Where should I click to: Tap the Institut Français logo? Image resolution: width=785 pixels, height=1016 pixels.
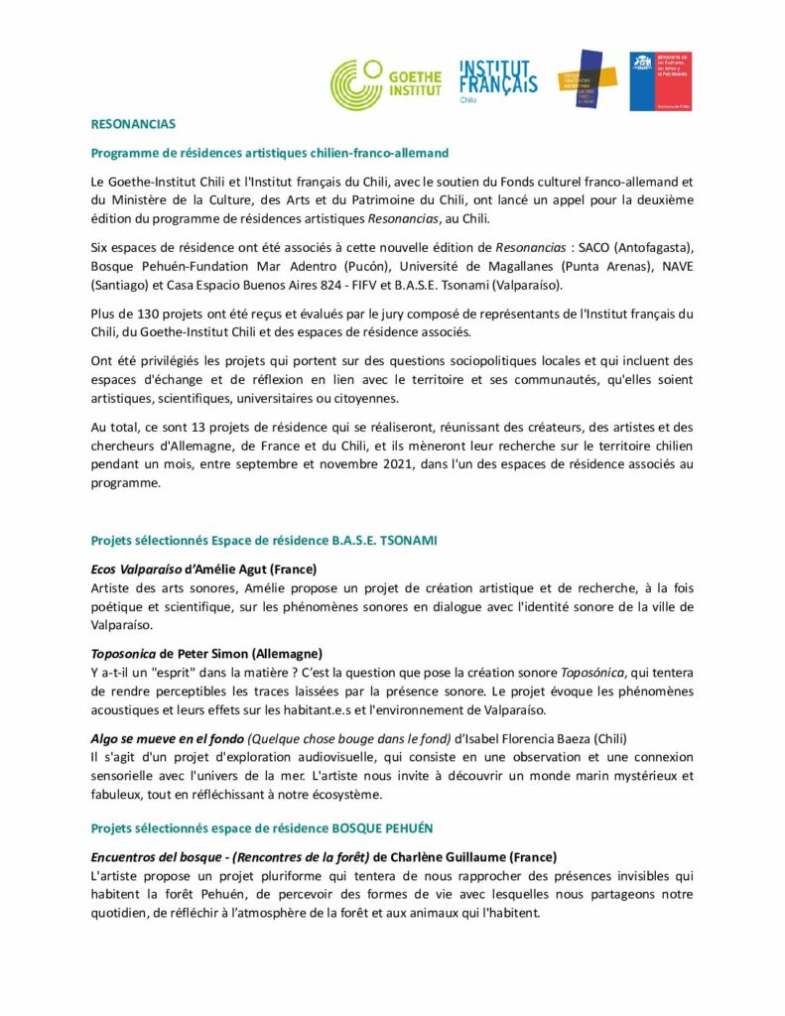[x=497, y=80]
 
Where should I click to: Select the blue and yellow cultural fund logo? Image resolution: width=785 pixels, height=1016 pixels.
[x=587, y=79]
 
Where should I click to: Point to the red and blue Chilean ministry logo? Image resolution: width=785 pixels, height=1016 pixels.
[x=660, y=80]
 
